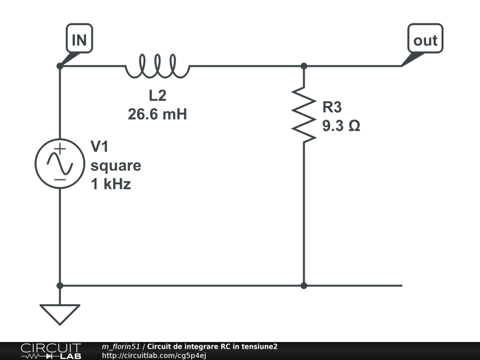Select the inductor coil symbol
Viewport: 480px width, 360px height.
(x=157, y=66)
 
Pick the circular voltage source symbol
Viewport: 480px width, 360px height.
(x=60, y=164)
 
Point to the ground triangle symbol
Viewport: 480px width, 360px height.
(x=60, y=314)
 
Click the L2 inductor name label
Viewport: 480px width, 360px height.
(x=157, y=96)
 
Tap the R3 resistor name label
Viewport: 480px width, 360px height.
(x=332, y=107)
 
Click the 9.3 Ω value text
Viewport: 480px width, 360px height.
(x=341, y=126)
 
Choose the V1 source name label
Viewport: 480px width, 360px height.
(x=99, y=147)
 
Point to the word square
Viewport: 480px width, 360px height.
(x=116, y=166)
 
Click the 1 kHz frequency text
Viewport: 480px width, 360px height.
(x=111, y=185)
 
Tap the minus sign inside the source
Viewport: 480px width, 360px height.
(x=60, y=179)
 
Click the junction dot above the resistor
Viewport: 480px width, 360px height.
(x=304, y=66)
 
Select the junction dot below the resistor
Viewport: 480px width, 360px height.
(x=304, y=285)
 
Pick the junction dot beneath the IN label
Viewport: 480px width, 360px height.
(x=60, y=66)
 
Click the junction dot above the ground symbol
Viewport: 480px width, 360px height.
(x=60, y=285)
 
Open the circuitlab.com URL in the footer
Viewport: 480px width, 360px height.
(x=154, y=355)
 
